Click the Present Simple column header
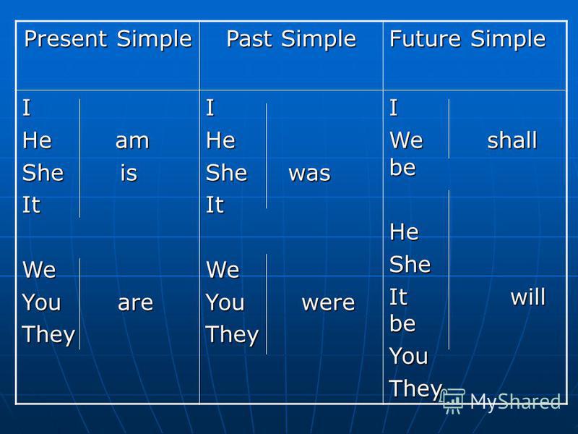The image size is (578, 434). (x=108, y=40)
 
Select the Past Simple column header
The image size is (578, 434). (x=291, y=40)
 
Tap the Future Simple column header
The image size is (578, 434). (x=467, y=40)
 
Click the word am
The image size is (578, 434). (x=132, y=141)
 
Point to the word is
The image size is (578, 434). (x=129, y=173)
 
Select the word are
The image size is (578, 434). (x=135, y=303)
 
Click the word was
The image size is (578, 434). (x=310, y=174)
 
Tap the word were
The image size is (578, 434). (x=328, y=303)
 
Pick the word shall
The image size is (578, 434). (x=512, y=140)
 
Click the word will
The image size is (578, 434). (x=528, y=297)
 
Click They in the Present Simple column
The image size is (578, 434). (x=48, y=335)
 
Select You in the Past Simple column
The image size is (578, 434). (x=225, y=302)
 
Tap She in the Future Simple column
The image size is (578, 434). (x=410, y=264)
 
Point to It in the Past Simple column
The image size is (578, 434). (x=215, y=205)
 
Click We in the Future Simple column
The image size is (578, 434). (x=406, y=140)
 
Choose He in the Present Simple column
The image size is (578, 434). (x=37, y=140)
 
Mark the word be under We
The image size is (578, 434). (x=402, y=167)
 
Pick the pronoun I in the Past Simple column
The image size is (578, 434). (x=210, y=108)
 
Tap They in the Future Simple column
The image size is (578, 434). (x=416, y=389)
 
